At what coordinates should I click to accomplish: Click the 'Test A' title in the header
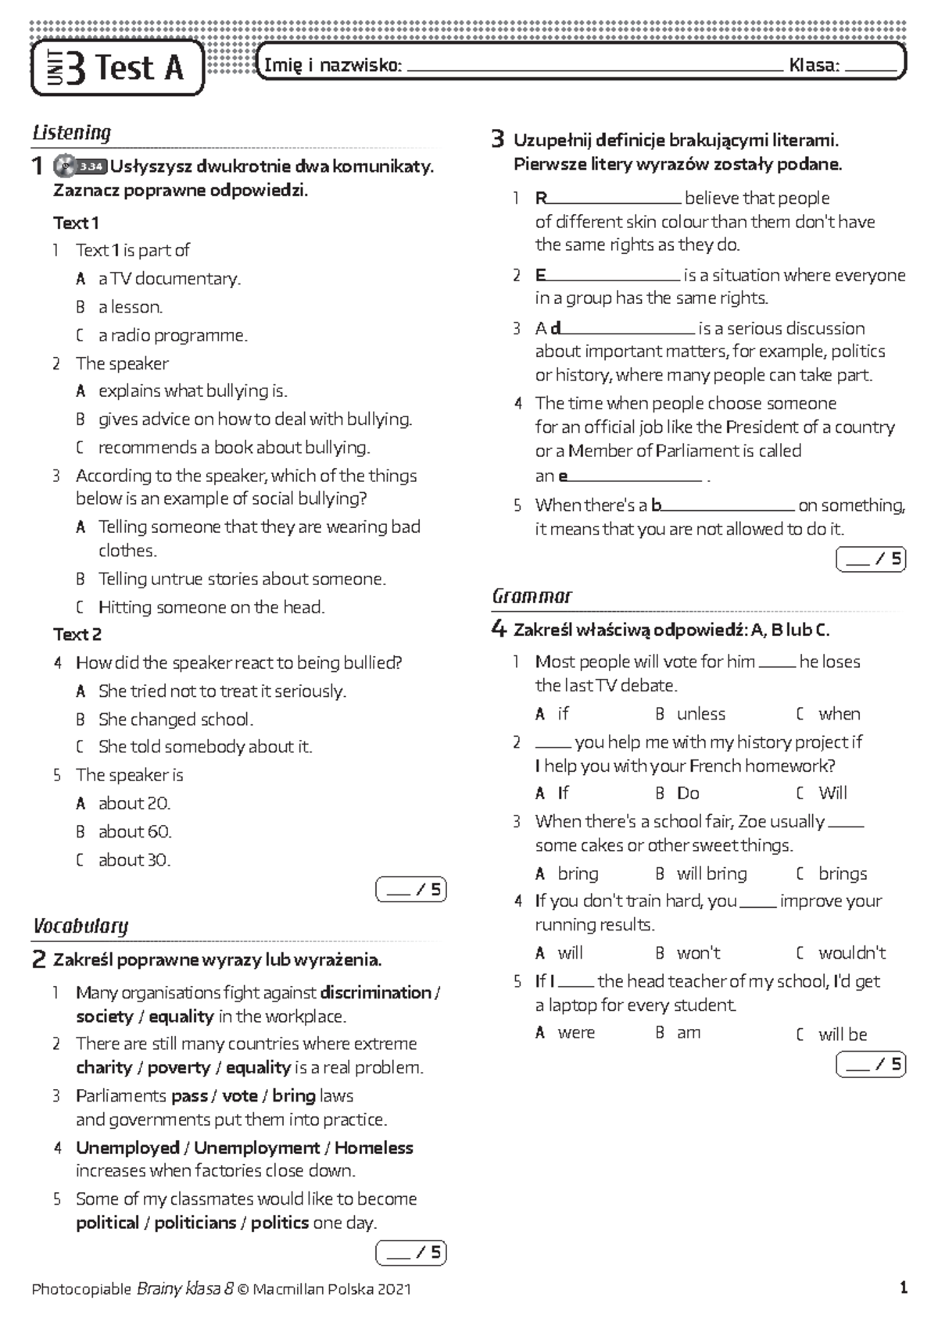[139, 68]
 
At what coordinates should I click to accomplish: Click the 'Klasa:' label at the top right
[814, 66]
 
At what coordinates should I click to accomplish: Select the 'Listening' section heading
[72, 133]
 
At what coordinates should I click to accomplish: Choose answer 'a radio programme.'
[172, 335]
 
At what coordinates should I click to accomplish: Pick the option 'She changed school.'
[175, 719]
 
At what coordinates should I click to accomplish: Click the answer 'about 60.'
[134, 831]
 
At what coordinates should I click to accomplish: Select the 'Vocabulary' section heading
[81, 927]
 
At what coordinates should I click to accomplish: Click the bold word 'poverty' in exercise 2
[179, 1067]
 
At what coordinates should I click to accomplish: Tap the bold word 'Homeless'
[374, 1148]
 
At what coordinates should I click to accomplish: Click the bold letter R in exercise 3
[541, 198]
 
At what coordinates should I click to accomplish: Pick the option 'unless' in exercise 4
[700, 714]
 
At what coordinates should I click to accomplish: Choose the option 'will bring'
[711, 873]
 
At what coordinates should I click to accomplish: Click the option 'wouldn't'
[851, 953]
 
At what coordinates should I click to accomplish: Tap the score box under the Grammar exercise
[870, 1065]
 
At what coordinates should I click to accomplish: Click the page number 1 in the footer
[904, 1287]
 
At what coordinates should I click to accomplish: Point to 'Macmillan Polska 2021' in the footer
[331, 1289]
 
